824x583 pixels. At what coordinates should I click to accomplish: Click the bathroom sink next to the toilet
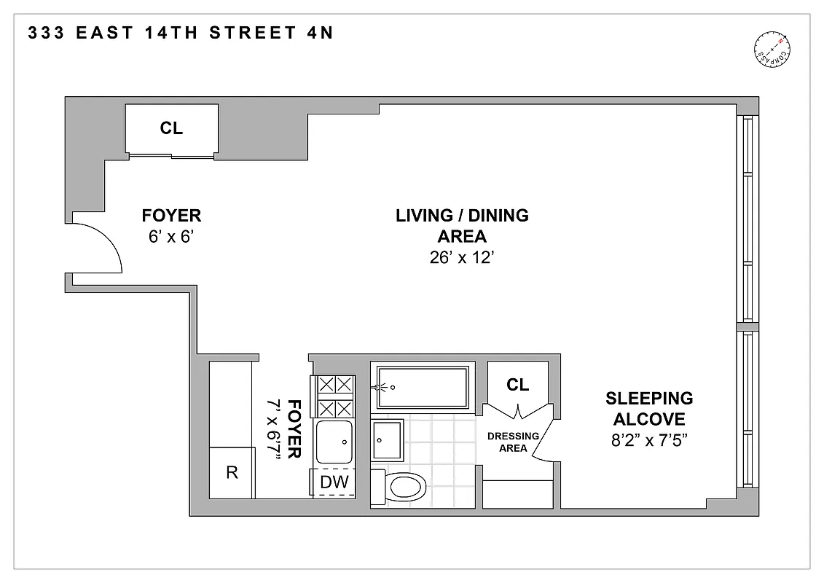click(x=386, y=439)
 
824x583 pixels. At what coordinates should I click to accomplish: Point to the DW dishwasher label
click(x=334, y=482)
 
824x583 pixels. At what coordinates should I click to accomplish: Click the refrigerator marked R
click(x=232, y=472)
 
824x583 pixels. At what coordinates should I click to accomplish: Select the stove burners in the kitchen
click(x=334, y=396)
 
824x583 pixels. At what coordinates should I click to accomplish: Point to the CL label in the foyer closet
click(x=171, y=129)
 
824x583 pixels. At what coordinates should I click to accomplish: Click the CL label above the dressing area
click(x=517, y=385)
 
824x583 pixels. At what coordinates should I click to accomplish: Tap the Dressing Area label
click(x=513, y=442)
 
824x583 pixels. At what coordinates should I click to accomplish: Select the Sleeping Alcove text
click(x=649, y=409)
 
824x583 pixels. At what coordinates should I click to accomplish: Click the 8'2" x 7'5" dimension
click(x=649, y=440)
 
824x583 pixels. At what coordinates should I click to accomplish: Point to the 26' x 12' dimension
click(x=462, y=257)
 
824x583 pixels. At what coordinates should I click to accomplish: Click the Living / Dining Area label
click(x=462, y=226)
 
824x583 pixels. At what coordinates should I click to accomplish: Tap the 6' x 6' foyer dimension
click(x=171, y=237)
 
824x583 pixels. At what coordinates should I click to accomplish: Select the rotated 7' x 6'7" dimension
click(x=275, y=429)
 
